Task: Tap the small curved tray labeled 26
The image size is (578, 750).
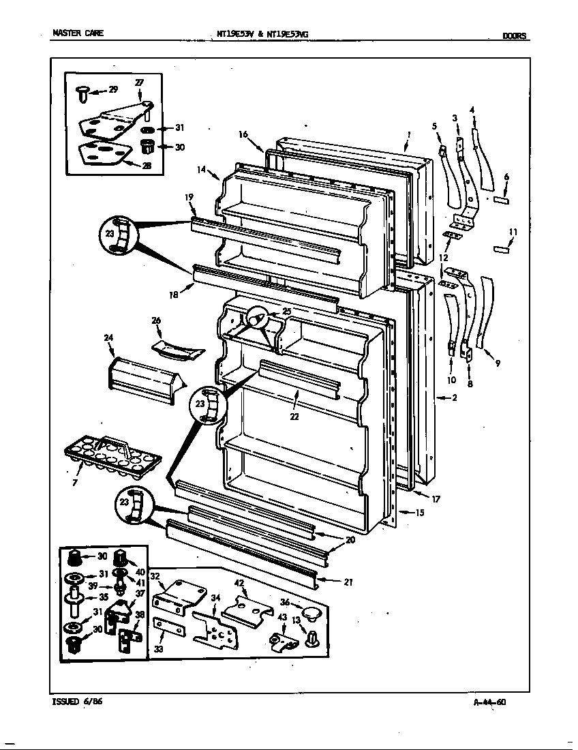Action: click(x=177, y=349)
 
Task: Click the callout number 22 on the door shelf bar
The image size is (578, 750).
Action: click(x=294, y=417)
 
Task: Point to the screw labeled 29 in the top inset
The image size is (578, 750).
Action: click(x=80, y=93)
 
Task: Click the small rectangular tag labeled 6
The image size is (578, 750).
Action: click(x=501, y=200)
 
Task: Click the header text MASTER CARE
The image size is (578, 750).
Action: click(x=78, y=33)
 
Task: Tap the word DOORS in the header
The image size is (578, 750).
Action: click(x=515, y=36)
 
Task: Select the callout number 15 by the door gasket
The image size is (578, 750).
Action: click(x=420, y=513)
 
